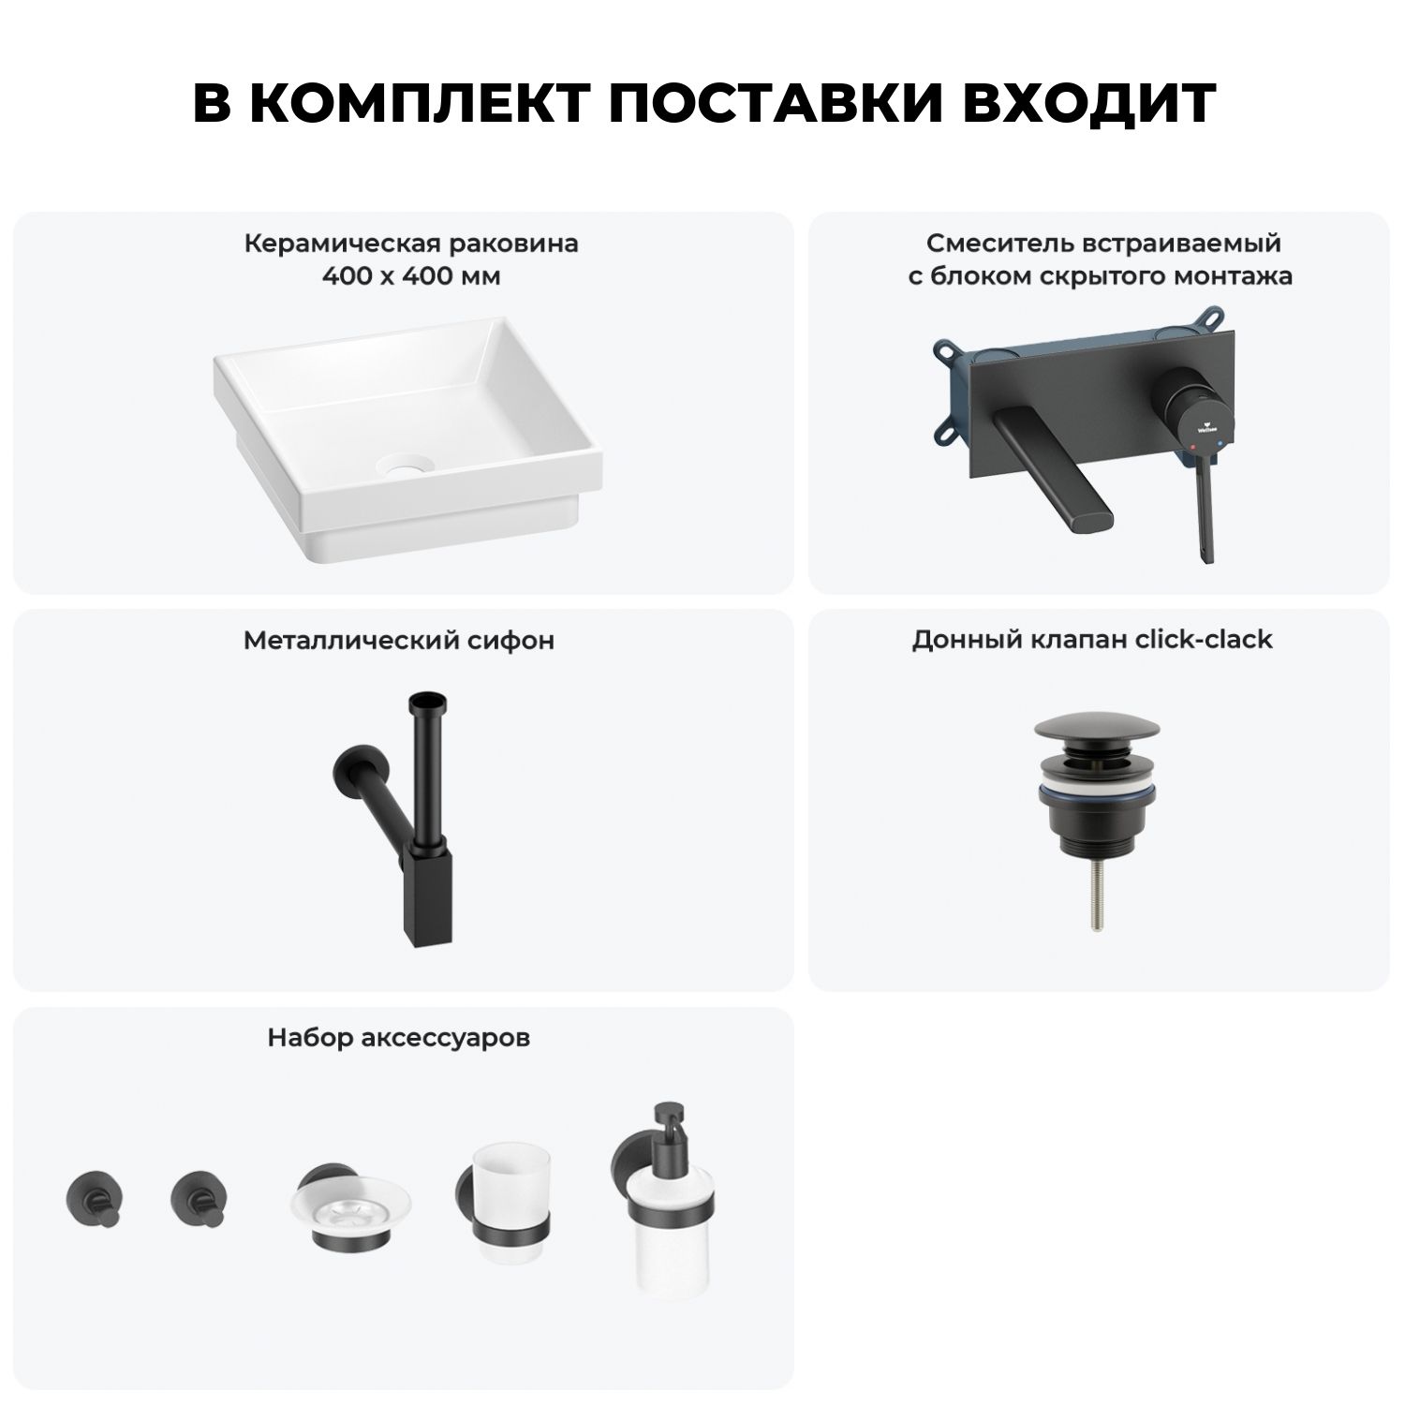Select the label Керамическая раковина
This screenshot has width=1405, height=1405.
coord(411,244)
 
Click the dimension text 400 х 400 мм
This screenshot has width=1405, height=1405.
coord(411,277)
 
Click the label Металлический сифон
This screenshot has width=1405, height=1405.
coord(398,641)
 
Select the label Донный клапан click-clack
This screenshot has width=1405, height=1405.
coord(1092,640)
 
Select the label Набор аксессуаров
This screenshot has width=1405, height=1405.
coord(398,1038)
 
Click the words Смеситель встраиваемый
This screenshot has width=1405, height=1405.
coord(1104,244)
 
